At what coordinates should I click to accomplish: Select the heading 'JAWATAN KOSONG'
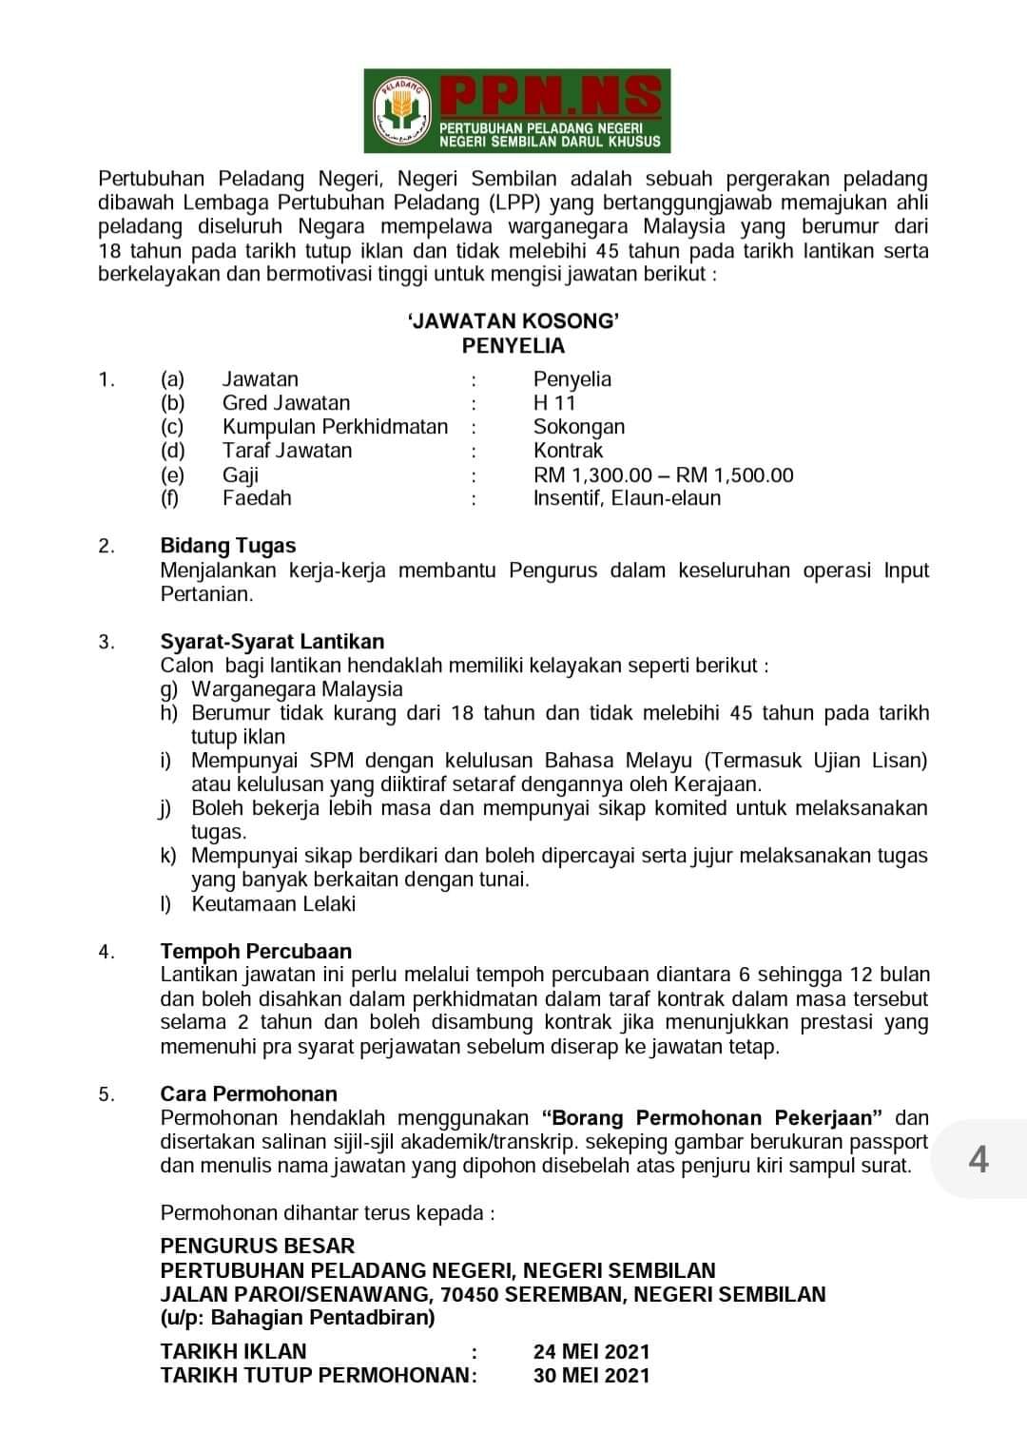513,321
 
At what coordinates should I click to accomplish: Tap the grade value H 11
554,403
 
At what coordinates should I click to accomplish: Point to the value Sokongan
578,427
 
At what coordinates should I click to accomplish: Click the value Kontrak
568,451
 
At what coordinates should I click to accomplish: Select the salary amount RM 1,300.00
591,475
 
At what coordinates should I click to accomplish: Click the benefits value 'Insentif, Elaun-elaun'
627,498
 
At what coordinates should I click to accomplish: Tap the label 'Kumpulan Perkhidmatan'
335,427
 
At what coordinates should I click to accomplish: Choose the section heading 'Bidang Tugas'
228,546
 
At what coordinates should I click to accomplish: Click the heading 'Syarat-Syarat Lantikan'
272,642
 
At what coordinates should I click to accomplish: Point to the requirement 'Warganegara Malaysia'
297,689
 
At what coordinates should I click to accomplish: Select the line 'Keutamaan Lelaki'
273,904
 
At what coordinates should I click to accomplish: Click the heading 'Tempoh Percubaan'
256,952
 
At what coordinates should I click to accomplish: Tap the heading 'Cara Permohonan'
248,1094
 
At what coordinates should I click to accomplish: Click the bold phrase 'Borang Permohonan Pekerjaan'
712,1118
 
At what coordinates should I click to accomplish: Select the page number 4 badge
978,1160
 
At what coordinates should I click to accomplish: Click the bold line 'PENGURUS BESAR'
257,1247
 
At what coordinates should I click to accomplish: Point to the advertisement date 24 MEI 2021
591,1352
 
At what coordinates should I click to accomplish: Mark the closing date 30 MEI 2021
591,1376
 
